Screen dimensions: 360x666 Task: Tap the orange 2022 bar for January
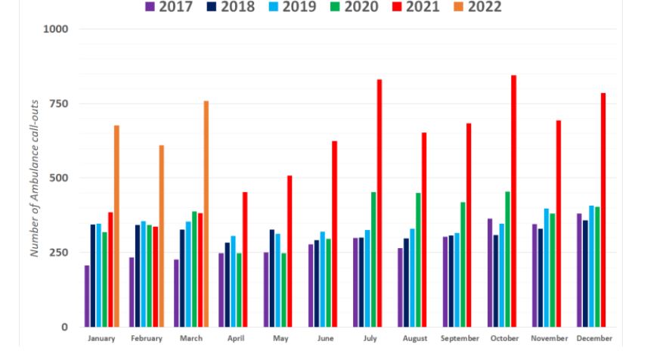(116, 226)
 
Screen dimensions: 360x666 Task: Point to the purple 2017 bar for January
(87, 296)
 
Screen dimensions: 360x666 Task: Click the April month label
(236, 339)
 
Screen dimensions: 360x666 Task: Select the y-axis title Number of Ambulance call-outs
(35, 178)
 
